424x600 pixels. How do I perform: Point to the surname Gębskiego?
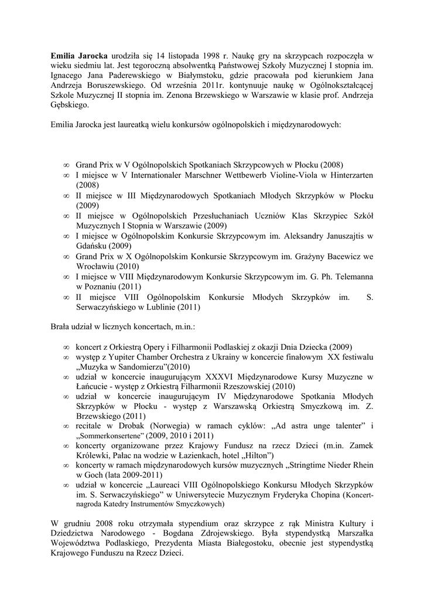click(70, 106)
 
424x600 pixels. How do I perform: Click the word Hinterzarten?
click(347, 175)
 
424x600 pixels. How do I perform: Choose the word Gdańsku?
click(93, 246)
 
